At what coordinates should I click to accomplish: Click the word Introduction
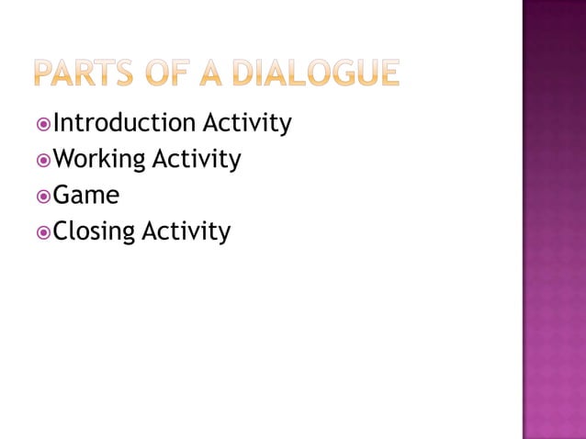click(124, 123)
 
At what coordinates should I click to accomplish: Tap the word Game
click(86, 196)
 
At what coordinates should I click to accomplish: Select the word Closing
click(95, 232)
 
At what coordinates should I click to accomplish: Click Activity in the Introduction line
click(247, 123)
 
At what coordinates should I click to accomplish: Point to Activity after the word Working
click(196, 160)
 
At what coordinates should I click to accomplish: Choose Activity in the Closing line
click(186, 232)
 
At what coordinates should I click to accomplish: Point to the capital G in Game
click(62, 196)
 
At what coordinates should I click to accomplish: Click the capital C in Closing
click(62, 232)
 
